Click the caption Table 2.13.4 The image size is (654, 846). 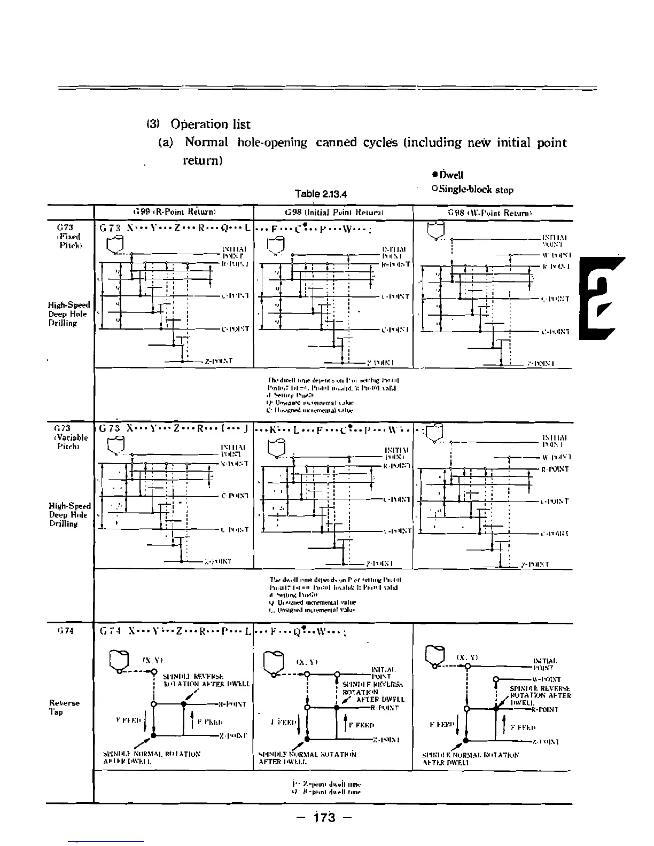click(x=321, y=193)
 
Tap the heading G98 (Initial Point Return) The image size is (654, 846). click(x=333, y=213)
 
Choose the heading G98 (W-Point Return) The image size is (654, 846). click(x=493, y=213)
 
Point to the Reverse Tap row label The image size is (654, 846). click(x=64, y=707)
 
